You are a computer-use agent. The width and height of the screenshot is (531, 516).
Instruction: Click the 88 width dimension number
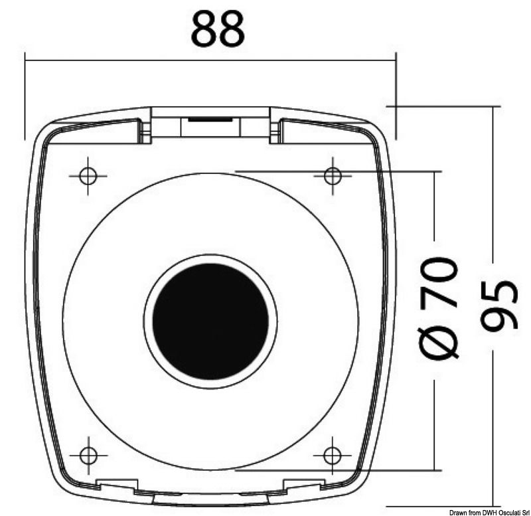218,30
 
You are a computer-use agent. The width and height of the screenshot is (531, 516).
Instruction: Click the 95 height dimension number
499,305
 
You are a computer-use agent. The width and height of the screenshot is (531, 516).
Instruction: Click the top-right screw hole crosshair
333,175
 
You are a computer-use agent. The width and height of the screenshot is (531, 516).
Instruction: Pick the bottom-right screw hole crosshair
332,455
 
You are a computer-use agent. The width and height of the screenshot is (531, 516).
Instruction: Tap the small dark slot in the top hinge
210,120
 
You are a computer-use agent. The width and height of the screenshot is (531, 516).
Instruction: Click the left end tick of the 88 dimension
25,60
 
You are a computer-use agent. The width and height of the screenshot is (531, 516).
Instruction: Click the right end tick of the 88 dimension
396,60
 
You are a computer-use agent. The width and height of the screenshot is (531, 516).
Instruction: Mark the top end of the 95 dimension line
493,106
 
